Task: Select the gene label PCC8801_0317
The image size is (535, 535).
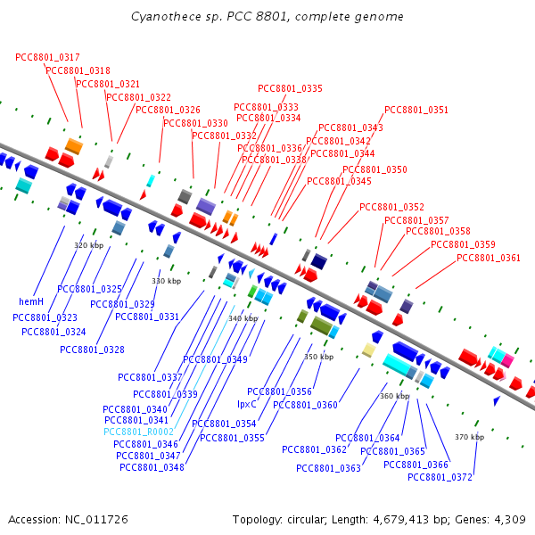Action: (47, 57)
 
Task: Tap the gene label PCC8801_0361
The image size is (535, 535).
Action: (489, 258)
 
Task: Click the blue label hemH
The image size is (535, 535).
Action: (31, 302)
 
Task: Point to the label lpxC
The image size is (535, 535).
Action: (247, 403)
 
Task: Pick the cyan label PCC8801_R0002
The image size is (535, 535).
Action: (138, 432)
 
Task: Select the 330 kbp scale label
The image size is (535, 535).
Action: (166, 281)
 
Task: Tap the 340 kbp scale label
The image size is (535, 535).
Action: (243, 318)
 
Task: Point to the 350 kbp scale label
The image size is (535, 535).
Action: (318, 357)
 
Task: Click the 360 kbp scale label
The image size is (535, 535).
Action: (394, 396)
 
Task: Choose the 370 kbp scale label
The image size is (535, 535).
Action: (469, 437)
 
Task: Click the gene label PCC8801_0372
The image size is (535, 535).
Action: (440, 477)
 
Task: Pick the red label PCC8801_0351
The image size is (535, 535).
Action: (416, 111)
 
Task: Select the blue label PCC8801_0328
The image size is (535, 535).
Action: (93, 350)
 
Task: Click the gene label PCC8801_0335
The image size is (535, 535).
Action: (290, 88)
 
